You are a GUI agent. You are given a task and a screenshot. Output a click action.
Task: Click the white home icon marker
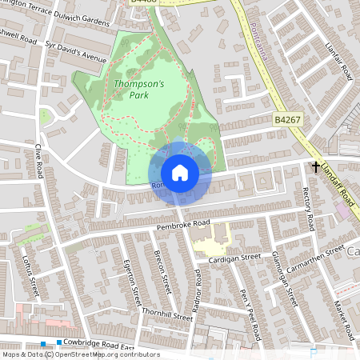coord(180,173)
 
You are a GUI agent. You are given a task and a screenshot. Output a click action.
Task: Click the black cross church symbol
coord(316,167)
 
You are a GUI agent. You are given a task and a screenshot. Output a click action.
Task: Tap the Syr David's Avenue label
coord(76,53)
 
